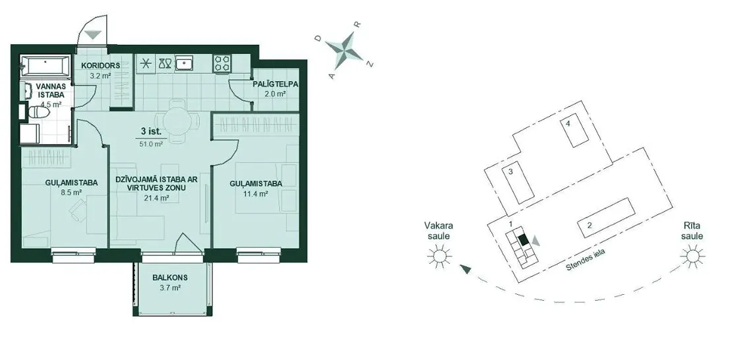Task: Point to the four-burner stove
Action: [x=222, y=63]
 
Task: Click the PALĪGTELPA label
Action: [x=276, y=84]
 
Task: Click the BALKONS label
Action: [x=170, y=278]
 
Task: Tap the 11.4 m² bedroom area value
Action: [x=256, y=193]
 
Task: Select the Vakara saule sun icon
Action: [x=439, y=256]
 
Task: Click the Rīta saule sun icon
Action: [x=693, y=256]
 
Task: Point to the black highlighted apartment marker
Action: [x=524, y=239]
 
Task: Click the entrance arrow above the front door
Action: [x=94, y=34]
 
